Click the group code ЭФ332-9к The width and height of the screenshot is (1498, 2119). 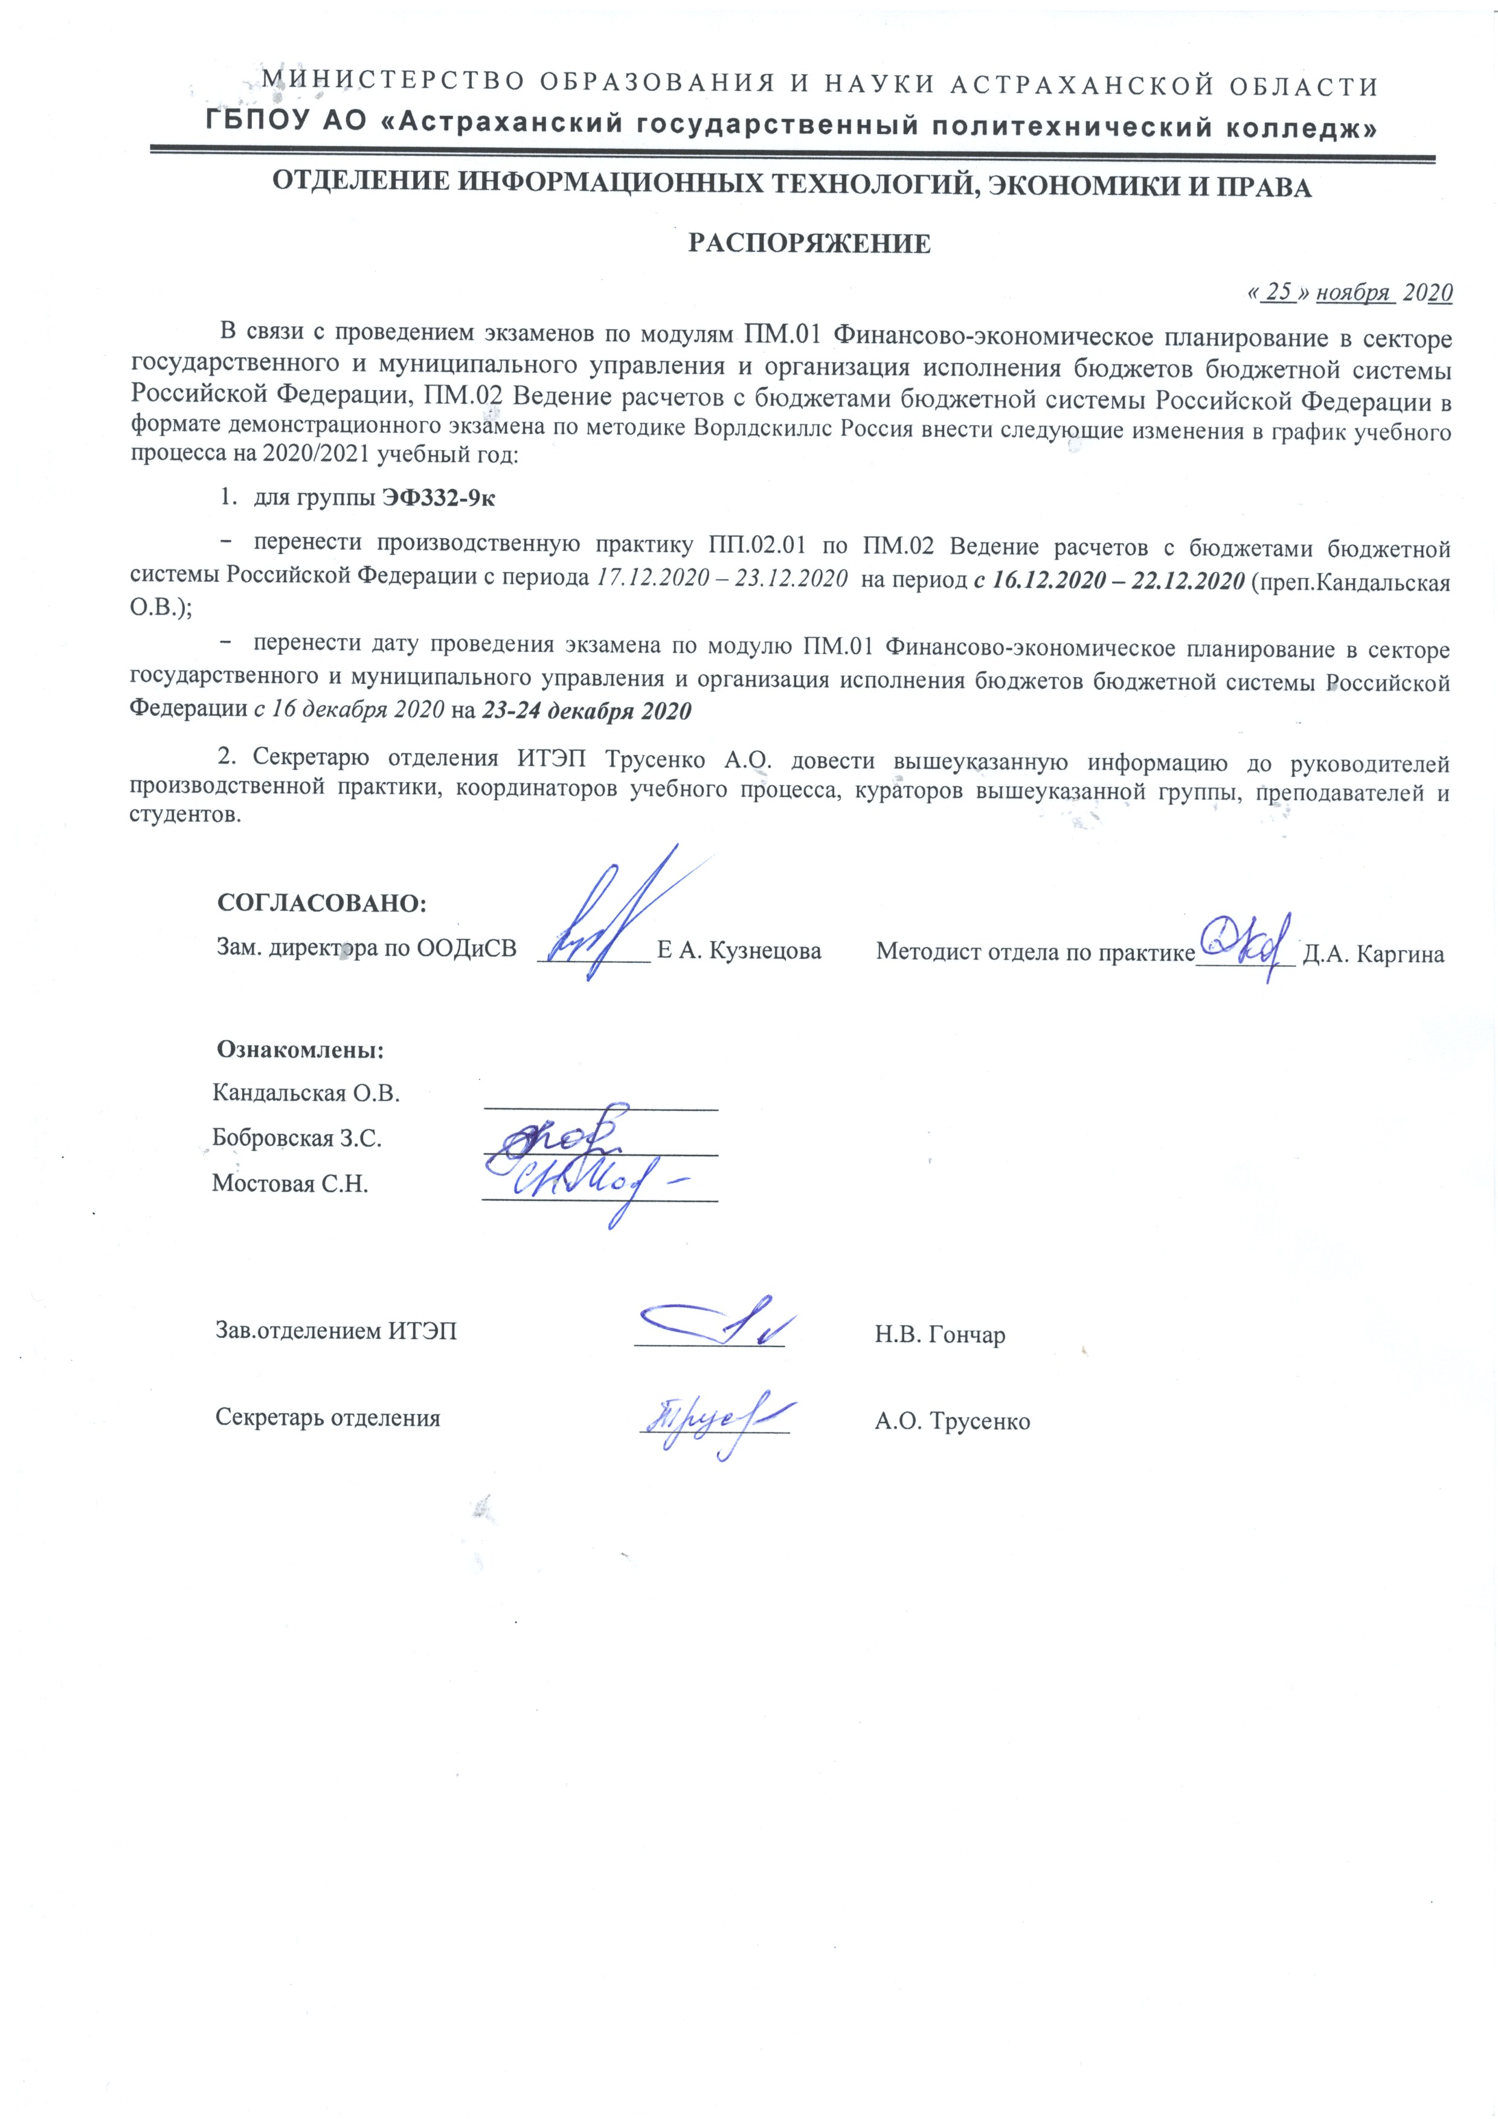pos(439,498)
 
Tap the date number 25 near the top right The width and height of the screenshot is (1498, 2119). pos(1278,292)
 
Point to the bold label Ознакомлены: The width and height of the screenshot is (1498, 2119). pos(300,1050)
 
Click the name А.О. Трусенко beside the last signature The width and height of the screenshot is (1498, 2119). pos(951,1421)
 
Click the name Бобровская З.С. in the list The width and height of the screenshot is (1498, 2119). pos(296,1138)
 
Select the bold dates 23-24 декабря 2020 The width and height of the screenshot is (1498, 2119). pos(586,712)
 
